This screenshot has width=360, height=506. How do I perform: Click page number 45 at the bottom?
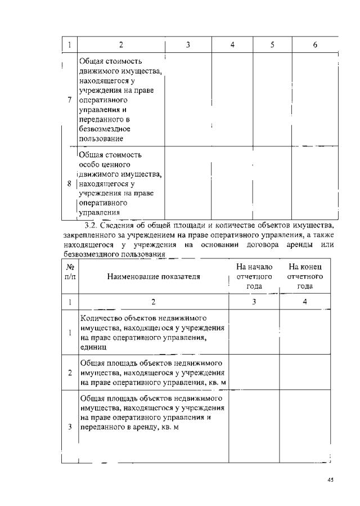[330, 480]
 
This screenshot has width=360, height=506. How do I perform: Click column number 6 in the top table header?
[315, 44]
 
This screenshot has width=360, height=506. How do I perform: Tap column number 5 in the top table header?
[272, 44]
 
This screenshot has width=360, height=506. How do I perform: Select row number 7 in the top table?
[69, 100]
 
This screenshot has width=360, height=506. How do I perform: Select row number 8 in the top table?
[69, 183]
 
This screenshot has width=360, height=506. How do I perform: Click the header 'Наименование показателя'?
[153, 276]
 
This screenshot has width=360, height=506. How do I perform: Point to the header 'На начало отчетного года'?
[254, 276]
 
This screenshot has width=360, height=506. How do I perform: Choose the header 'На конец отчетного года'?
[305, 276]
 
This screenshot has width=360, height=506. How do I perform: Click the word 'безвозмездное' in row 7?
[101, 129]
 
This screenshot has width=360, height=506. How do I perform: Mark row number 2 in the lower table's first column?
[69, 372]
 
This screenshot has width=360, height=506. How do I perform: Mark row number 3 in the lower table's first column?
[69, 427]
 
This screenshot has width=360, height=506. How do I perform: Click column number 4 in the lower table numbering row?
[305, 302]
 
